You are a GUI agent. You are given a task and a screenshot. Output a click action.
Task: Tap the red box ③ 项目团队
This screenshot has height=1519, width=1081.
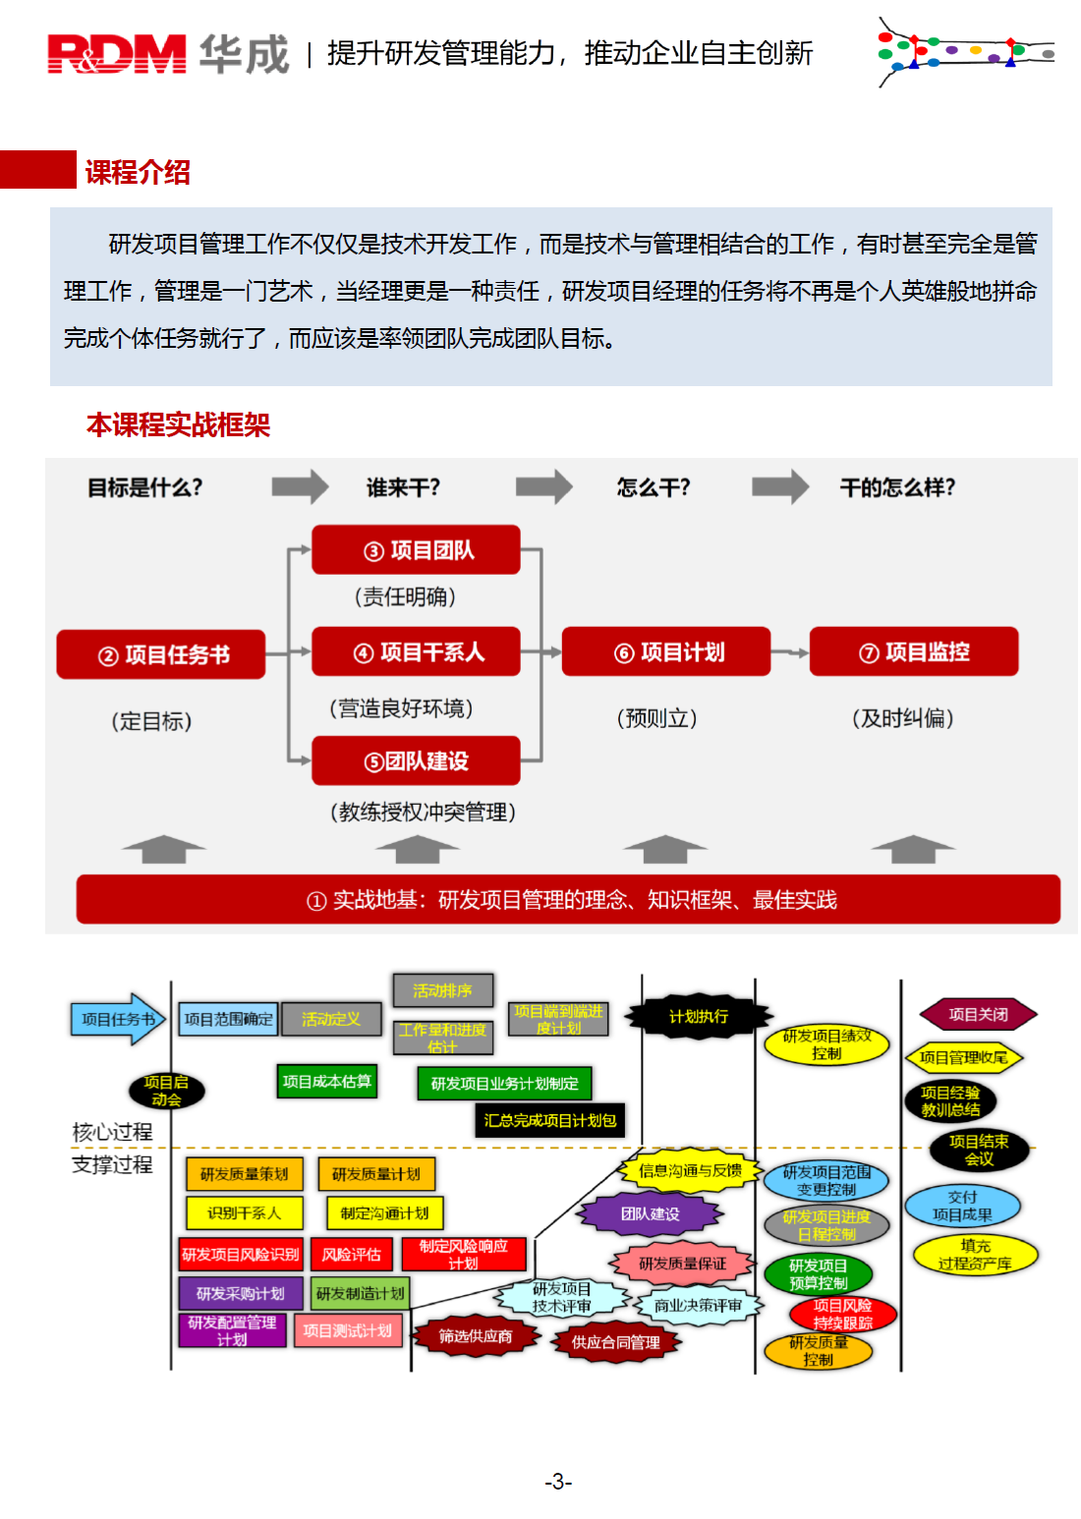416,550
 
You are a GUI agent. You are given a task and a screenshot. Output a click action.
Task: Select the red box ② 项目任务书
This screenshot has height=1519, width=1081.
161,654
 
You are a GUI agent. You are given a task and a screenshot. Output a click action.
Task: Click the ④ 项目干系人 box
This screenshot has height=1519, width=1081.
416,651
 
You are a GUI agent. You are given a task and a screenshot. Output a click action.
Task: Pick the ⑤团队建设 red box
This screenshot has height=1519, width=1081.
416,760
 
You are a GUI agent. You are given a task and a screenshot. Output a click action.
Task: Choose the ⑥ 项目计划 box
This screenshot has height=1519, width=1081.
666,651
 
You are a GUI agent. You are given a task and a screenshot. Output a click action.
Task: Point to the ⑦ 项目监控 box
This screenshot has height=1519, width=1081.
914,651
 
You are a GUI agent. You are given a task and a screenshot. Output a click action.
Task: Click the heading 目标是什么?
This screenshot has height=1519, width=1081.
145,487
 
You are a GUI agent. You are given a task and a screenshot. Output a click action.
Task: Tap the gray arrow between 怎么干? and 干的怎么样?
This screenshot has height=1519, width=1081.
779,486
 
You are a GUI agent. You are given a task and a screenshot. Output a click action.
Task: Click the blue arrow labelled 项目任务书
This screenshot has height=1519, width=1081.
117,1019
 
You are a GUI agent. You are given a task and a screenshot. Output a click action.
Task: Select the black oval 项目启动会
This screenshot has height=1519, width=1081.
167,1091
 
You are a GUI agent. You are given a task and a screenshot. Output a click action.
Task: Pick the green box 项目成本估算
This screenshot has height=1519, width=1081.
327,1081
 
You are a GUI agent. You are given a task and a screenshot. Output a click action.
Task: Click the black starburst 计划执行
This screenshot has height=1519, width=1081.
699,1016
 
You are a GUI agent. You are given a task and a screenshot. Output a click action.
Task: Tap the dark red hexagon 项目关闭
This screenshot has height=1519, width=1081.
978,1014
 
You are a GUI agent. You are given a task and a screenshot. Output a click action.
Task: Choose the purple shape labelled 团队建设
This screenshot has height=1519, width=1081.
650,1213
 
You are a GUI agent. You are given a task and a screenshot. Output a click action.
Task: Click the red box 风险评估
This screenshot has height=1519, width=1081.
351,1255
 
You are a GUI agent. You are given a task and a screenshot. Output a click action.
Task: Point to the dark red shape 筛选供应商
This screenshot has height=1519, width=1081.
476,1336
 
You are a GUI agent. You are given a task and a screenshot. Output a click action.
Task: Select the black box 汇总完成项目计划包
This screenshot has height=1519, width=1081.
550,1120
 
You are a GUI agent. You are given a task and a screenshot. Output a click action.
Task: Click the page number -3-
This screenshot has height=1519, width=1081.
558,1482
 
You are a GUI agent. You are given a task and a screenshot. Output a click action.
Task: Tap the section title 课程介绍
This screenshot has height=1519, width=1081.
138,172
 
